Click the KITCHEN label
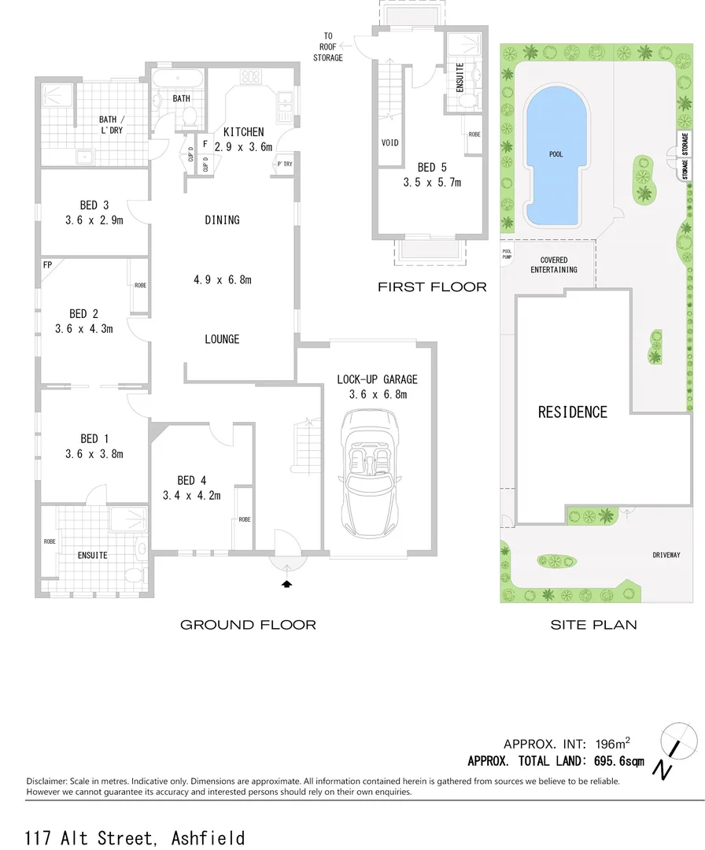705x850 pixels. click(243, 132)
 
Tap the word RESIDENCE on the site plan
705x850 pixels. click(573, 412)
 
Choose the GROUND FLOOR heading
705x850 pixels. click(248, 625)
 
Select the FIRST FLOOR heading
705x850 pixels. click(432, 287)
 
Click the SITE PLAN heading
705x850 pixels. click(593, 625)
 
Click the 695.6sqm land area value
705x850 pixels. click(617, 761)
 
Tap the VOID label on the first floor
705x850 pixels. click(389, 143)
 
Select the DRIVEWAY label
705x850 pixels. click(666, 555)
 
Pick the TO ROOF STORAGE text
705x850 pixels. click(328, 47)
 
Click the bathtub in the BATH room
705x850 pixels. click(178, 80)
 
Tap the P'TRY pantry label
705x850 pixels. click(284, 164)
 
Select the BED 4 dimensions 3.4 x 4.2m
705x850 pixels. click(191, 496)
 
